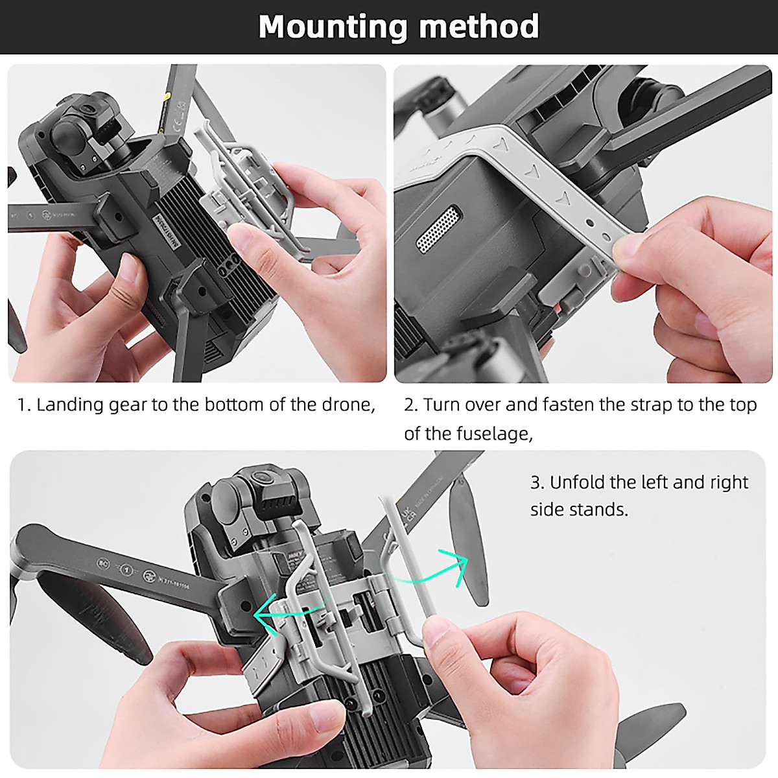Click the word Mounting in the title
tap(333, 27)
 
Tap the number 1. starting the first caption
tap(24, 405)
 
